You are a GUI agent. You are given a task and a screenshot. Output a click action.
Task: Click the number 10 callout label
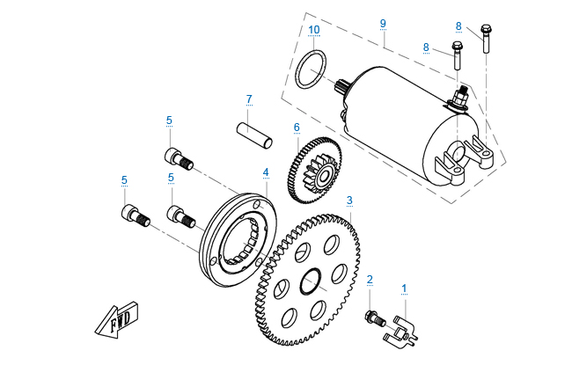pyautogui.click(x=314, y=30)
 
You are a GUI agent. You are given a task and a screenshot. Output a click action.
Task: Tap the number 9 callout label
pyautogui.click(x=383, y=22)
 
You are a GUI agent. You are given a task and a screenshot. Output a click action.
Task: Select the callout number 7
pyautogui.click(x=249, y=99)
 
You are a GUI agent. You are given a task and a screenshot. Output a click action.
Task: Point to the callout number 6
pyautogui.click(x=297, y=127)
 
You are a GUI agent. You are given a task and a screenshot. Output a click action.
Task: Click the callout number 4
pyautogui.click(x=265, y=172)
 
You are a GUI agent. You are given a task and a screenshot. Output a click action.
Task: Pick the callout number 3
pyautogui.click(x=349, y=201)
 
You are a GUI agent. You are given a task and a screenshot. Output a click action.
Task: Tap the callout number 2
pyautogui.click(x=370, y=280)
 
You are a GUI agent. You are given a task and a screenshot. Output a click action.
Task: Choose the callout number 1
pyautogui.click(x=405, y=288)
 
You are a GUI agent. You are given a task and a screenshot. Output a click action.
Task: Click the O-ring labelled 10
pyautogui.click(x=311, y=69)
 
